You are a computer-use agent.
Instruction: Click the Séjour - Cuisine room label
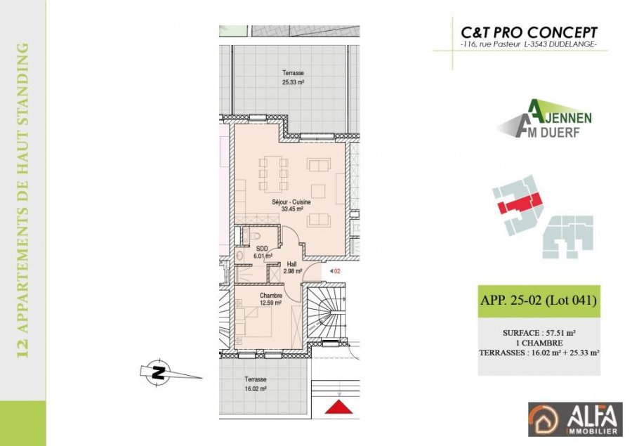291,202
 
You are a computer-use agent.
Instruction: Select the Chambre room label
271,296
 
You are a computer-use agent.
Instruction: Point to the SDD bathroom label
262,249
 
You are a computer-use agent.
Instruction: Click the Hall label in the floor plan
292,264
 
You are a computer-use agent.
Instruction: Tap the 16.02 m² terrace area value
256,389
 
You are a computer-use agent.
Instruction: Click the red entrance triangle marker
339,407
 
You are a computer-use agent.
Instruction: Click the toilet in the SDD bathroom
255,236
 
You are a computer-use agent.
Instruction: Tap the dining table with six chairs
274,173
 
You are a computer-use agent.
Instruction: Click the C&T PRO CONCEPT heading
529,32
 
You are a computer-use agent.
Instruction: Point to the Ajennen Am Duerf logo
544,119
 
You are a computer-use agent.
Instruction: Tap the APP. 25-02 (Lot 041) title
539,301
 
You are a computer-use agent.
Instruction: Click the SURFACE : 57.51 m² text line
539,333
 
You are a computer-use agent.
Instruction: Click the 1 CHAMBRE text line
539,343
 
